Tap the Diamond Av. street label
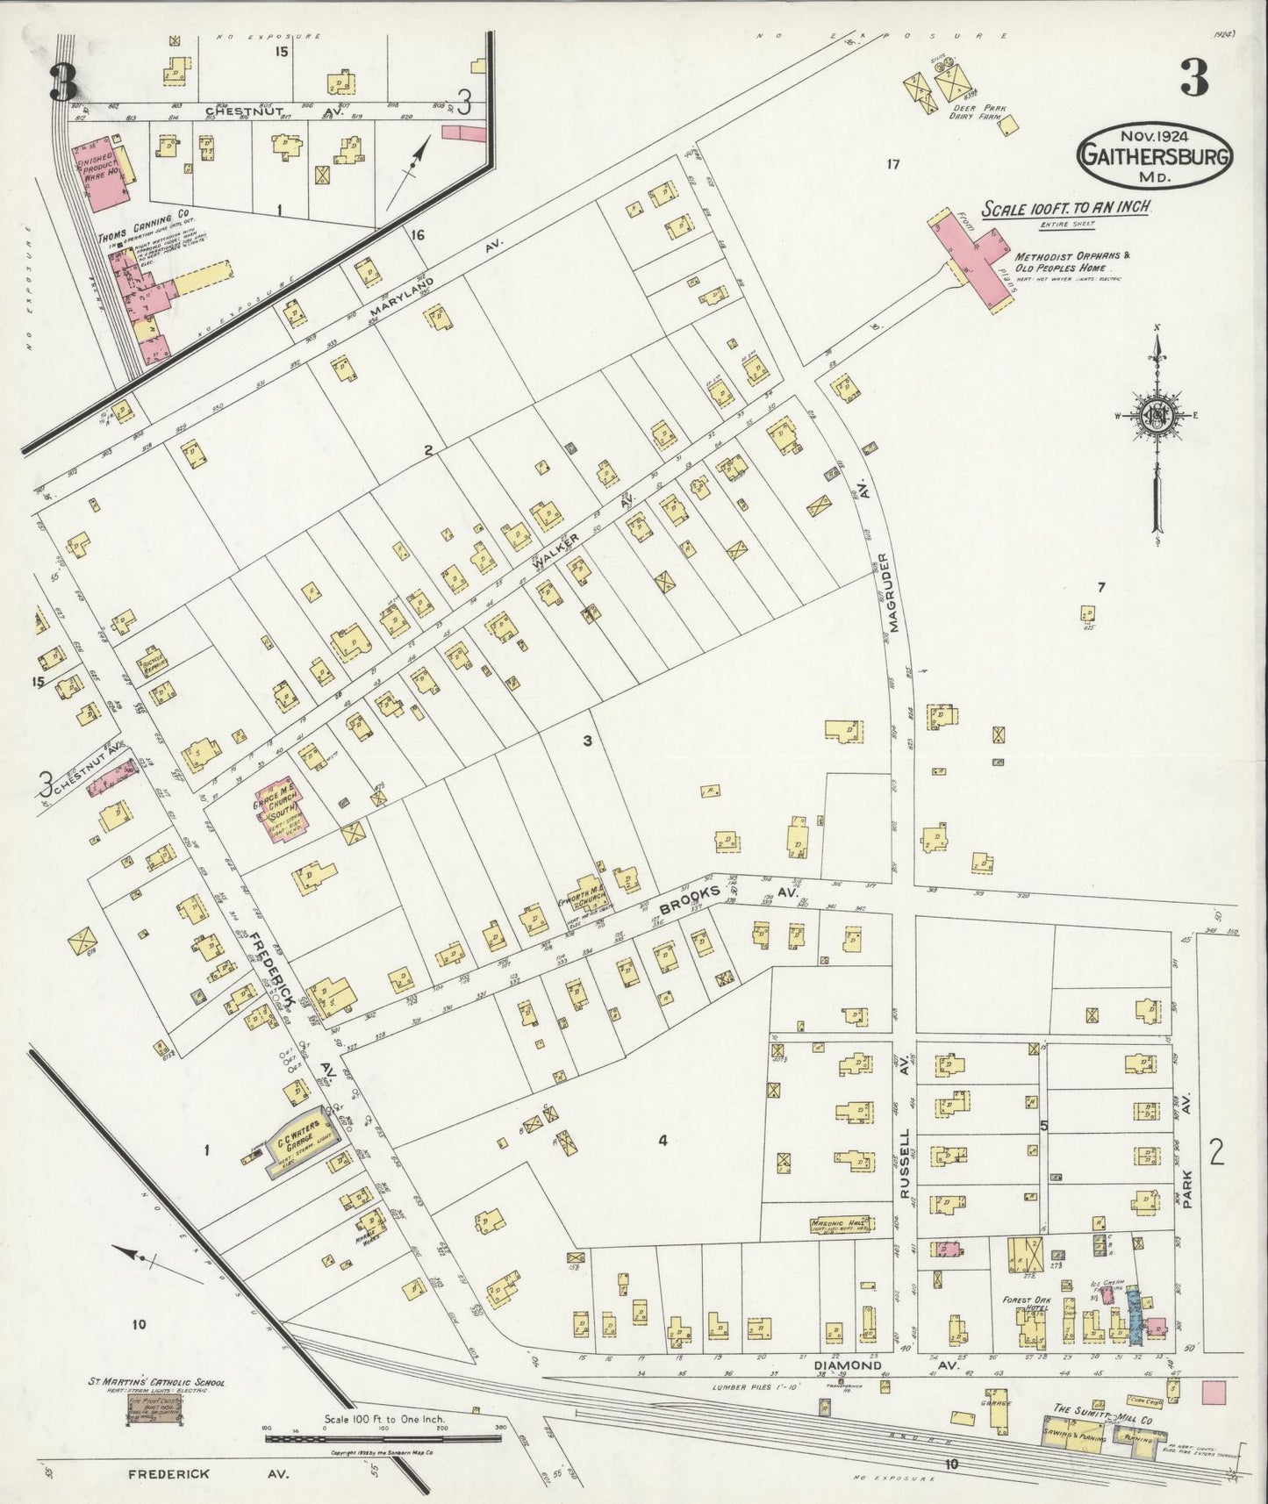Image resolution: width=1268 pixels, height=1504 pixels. (x=847, y=1365)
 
